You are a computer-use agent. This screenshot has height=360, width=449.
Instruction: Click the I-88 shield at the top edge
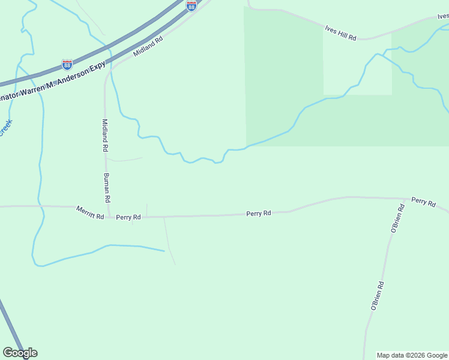click(x=191, y=5)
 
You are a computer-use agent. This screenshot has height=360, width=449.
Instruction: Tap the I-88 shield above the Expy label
click(x=67, y=64)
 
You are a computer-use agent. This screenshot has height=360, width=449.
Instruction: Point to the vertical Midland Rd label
click(x=104, y=135)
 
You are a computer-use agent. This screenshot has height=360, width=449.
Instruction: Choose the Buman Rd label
click(x=107, y=187)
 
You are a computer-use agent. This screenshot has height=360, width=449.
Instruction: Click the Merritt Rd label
click(x=90, y=212)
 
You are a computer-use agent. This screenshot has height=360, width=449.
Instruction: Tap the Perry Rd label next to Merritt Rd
click(x=128, y=217)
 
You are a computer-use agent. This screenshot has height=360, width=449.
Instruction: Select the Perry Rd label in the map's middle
click(x=259, y=213)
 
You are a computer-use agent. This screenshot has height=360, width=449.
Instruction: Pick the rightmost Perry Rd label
click(x=423, y=202)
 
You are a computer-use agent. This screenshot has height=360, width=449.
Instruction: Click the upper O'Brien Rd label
click(x=396, y=223)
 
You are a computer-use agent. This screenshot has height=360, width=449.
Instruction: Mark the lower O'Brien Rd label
click(x=377, y=296)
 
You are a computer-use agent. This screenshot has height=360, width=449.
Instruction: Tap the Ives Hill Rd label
click(x=340, y=32)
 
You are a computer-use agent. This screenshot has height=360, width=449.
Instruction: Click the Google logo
click(x=20, y=353)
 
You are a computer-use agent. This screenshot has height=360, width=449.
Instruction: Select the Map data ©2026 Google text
click(x=412, y=355)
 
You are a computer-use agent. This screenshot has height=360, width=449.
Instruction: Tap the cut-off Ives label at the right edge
click(x=443, y=16)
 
